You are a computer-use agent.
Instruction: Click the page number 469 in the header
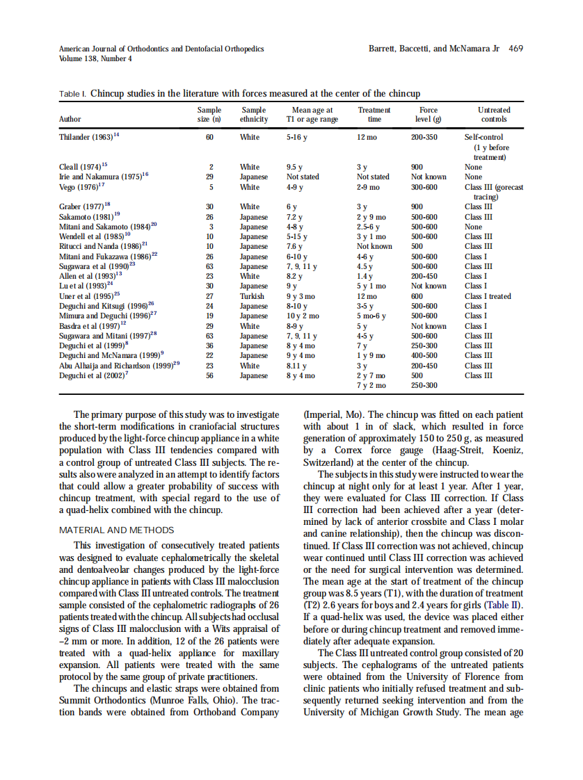516,49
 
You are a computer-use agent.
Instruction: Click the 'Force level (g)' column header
428,115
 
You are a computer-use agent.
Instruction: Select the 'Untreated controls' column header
493,115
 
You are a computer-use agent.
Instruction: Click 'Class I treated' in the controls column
488,296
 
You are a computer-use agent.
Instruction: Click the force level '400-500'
424,355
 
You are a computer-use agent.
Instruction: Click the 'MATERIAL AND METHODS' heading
116,530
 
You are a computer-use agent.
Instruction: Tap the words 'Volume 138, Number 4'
95,59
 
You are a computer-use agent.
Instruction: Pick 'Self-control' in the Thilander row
484,138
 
